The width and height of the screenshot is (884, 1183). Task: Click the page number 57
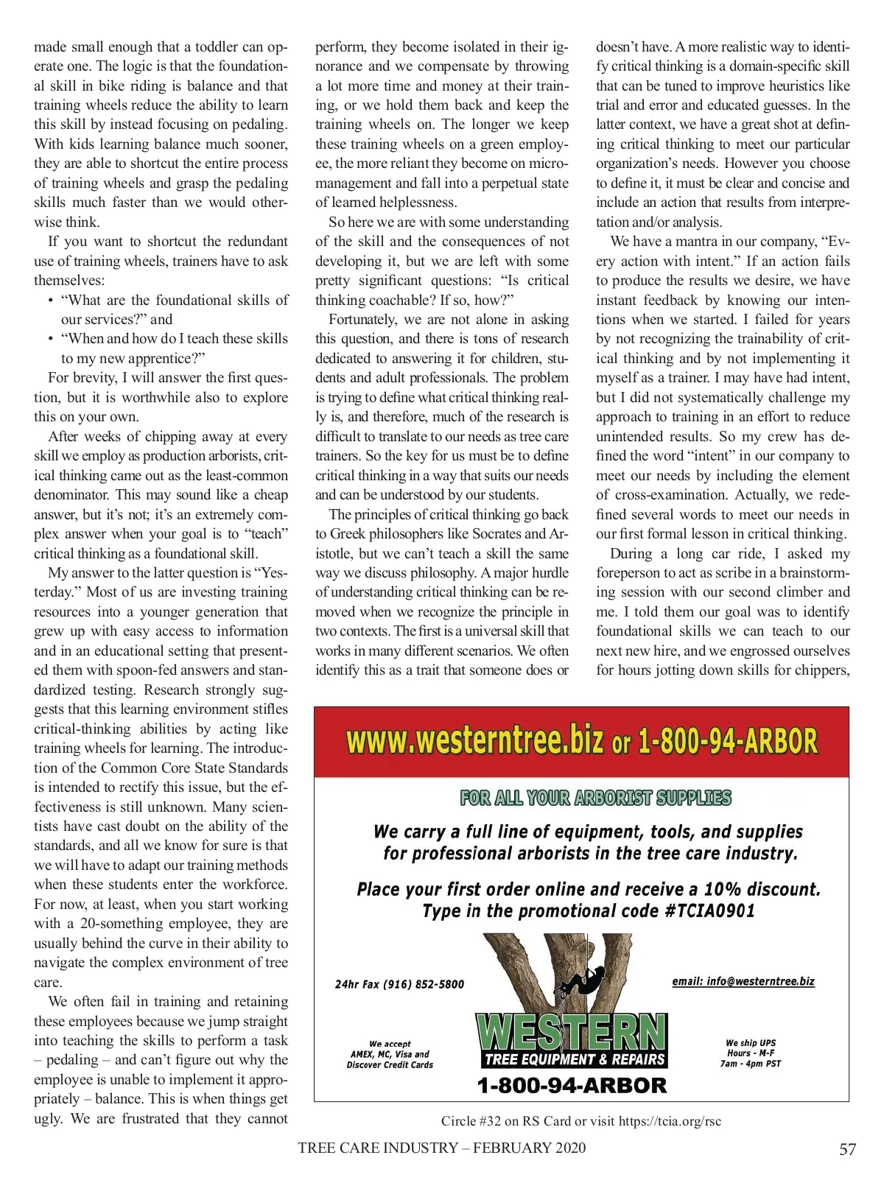tap(847, 1149)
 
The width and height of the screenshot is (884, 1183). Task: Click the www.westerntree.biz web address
tap(475, 740)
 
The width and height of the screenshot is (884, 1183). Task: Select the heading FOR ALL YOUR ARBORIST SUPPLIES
tap(595, 798)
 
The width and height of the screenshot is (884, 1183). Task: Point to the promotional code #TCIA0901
tap(709, 911)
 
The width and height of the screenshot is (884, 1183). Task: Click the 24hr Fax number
tap(399, 984)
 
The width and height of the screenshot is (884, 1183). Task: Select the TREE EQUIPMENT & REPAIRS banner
tap(575, 1059)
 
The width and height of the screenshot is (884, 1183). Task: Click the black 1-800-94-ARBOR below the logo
tap(572, 1085)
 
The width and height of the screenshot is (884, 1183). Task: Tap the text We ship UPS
tap(750, 1043)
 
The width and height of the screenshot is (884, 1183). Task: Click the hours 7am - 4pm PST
tap(750, 1064)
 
